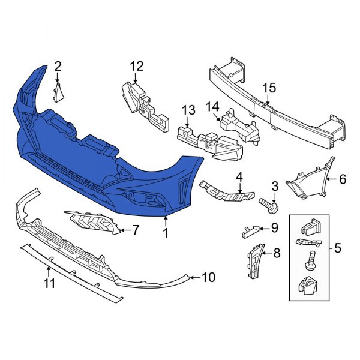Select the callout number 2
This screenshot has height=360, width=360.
[x=58, y=66]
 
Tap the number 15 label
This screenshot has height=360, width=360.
[x=269, y=88]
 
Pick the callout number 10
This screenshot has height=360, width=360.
[x=208, y=277]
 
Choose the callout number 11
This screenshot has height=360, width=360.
[x=50, y=283]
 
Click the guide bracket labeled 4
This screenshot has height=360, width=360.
[x=228, y=192]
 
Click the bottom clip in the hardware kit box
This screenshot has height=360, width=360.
[x=308, y=286]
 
